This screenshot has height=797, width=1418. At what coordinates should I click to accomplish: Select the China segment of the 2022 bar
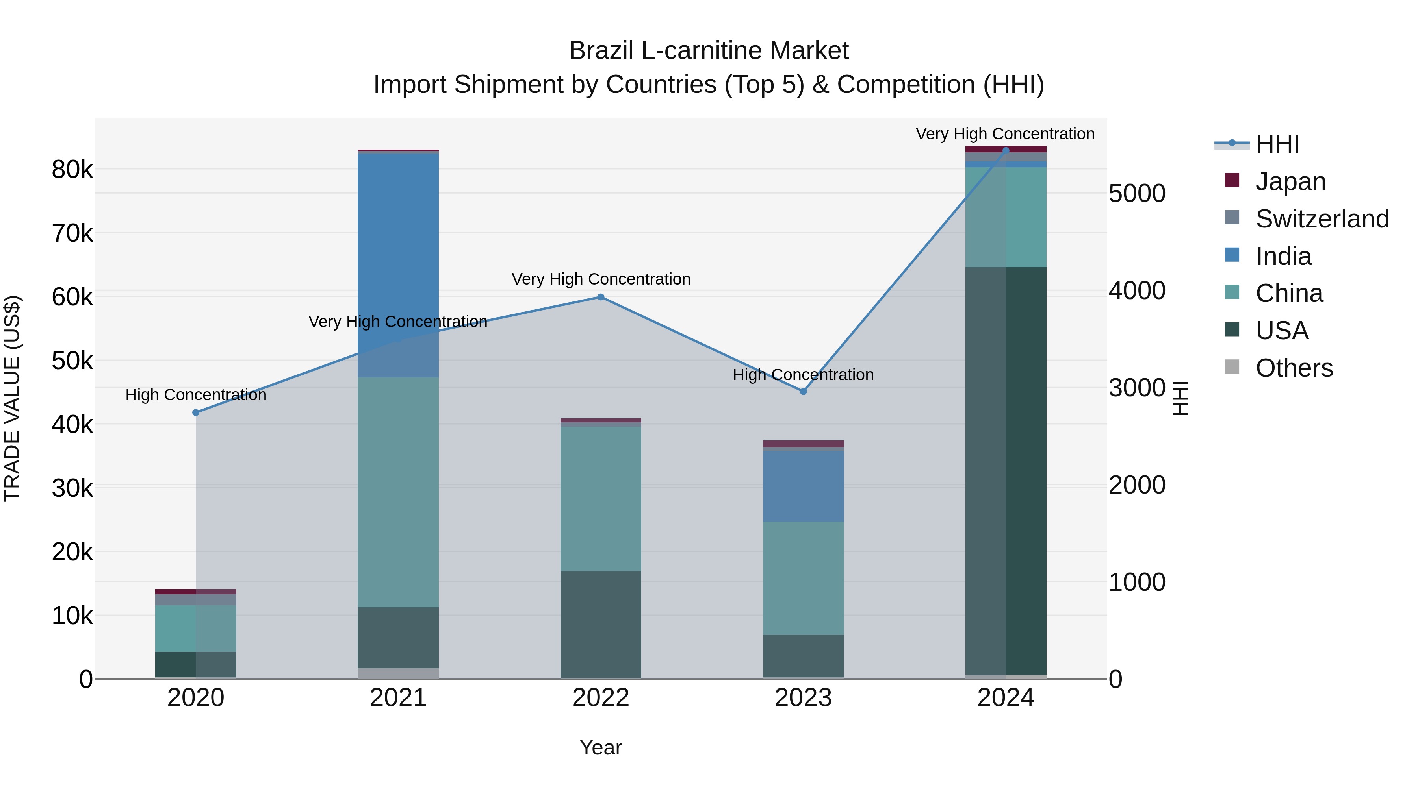601,498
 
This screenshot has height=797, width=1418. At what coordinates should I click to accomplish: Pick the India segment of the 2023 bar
803,486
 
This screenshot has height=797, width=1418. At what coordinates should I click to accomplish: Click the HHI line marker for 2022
601,297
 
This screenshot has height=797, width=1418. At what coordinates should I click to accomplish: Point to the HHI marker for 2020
196,412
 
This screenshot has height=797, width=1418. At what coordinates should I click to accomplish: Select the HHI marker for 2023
803,392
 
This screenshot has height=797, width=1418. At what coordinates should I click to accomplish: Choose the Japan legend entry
1290,181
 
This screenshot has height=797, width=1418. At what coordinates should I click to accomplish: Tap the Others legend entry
1294,368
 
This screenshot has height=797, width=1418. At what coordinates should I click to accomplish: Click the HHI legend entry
1277,144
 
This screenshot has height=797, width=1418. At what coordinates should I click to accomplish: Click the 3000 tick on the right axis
1137,388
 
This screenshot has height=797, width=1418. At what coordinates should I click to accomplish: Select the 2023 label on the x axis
803,698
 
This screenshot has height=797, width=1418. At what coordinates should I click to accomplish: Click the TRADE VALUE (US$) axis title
13,398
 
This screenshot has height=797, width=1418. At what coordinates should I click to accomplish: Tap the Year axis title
601,747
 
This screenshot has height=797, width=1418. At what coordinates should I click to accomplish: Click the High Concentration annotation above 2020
196,395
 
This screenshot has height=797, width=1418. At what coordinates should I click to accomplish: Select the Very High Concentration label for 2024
1005,134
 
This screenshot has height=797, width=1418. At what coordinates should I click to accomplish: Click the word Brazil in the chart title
601,51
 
